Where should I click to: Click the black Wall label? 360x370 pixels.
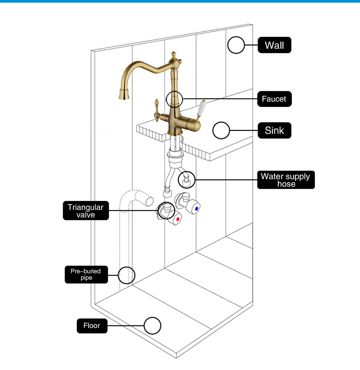click(274, 45)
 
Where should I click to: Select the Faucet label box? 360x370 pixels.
click(274, 99)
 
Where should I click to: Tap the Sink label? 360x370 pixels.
click(274, 130)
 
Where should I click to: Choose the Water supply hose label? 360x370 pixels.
click(286, 180)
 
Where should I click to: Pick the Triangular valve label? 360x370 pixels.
click(85, 211)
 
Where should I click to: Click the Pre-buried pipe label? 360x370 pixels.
click(86, 274)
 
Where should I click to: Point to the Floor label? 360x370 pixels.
click(92, 326)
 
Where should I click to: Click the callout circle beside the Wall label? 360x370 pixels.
click(236, 45)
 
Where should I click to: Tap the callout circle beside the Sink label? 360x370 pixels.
click(221, 131)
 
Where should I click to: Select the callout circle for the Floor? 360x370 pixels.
click(153, 326)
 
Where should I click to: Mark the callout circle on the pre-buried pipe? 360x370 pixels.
click(126, 275)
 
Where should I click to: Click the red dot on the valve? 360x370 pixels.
click(178, 219)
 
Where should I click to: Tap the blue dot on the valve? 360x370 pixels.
click(196, 208)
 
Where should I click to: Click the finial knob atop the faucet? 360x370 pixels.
click(173, 55)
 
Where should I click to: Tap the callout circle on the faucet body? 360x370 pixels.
click(174, 99)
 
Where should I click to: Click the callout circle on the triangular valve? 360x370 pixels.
click(165, 211)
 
